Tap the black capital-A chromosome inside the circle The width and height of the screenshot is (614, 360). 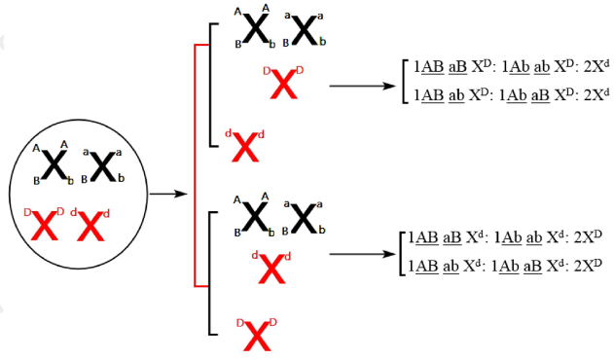tap(55, 167)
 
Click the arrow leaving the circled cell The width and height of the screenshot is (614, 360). tap(167, 194)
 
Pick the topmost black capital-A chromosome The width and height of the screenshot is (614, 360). tap(256, 29)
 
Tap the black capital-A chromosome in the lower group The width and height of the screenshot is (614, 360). tap(256, 217)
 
